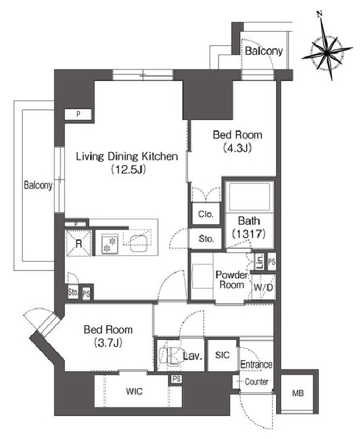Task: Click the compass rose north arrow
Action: click(x=327, y=46)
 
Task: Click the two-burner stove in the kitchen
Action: click(x=109, y=244)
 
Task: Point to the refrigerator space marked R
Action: click(x=79, y=243)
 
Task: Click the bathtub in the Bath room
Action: click(x=250, y=197)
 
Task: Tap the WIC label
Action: click(x=135, y=391)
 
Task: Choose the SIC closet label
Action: click(x=223, y=355)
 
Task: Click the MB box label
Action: click(x=298, y=393)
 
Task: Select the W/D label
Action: click(x=263, y=287)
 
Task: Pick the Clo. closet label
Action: click(x=206, y=214)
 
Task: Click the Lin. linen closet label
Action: click(x=260, y=261)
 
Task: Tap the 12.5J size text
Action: click(x=128, y=170)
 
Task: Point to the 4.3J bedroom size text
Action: click(x=238, y=148)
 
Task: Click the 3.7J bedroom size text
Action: click(x=109, y=342)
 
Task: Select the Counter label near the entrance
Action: click(x=256, y=382)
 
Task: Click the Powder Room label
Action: click(x=232, y=280)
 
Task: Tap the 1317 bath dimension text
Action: click(x=249, y=233)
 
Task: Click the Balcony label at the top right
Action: click(x=263, y=51)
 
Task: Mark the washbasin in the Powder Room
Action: click(x=203, y=276)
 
